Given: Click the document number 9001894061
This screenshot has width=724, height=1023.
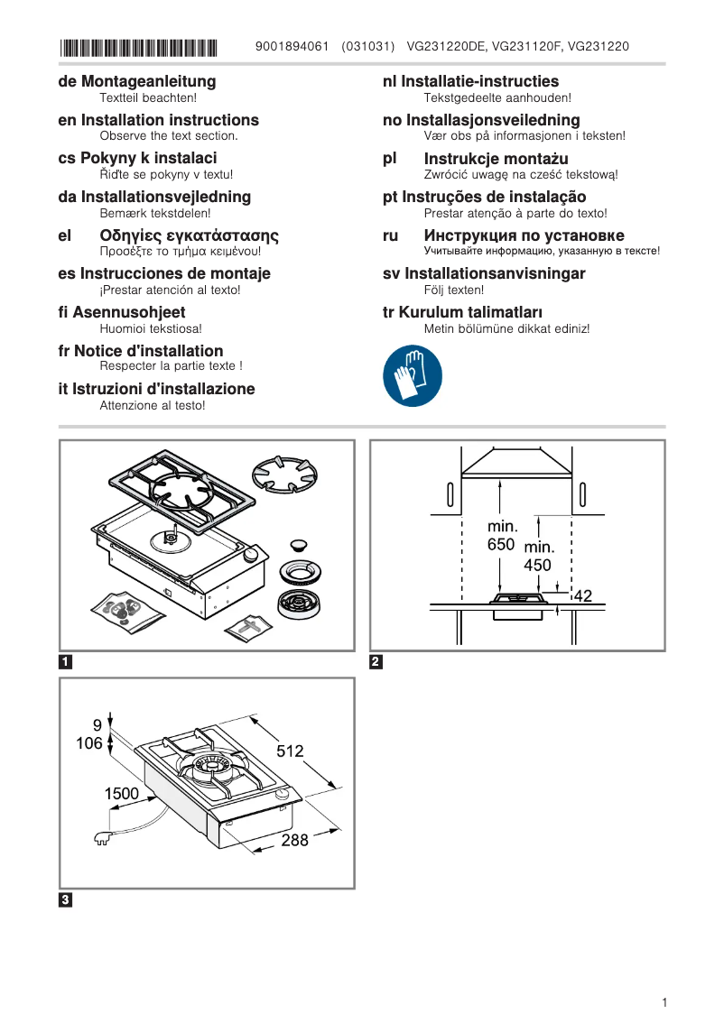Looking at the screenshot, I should pos(292,46).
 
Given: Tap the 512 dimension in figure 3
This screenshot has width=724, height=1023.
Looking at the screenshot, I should pos(290,751).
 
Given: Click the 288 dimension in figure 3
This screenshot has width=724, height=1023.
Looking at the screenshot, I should pos(294,840).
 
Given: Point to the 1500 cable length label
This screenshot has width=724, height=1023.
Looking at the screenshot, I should pos(122,794).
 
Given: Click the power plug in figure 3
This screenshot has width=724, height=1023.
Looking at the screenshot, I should pos(102,838).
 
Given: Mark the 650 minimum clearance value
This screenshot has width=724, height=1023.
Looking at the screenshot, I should pos(501,545).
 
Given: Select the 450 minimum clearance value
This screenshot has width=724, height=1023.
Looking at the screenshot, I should pos(538,566).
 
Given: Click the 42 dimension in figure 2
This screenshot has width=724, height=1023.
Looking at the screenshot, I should pos(582,595).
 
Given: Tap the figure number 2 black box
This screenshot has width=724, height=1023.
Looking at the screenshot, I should pos(376,662).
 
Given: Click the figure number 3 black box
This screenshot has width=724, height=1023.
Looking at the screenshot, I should pos(65,900).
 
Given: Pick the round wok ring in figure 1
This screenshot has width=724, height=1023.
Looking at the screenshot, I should pos(284,471).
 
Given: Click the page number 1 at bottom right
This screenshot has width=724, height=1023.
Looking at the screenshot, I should pos(664,1002).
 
